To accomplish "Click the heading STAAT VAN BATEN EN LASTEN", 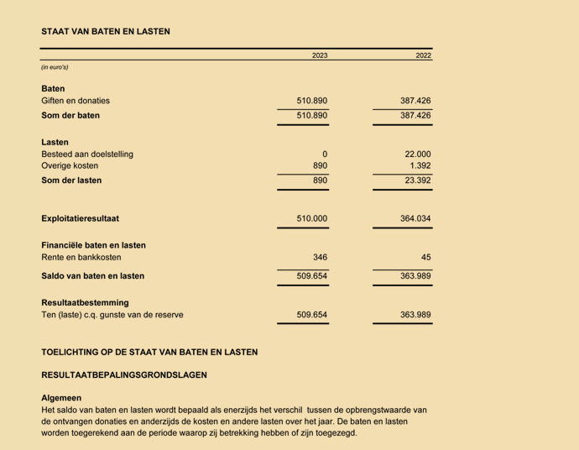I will click(106, 32).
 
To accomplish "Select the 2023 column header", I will click(320, 55).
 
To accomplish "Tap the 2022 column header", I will click(423, 55).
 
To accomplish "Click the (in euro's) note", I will click(55, 67).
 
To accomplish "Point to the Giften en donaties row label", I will click(76, 101).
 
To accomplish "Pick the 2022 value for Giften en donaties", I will click(415, 101).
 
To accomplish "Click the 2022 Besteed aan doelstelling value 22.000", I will click(417, 154).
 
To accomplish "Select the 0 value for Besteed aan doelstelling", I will click(324, 154).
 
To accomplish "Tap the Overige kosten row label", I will click(70, 166).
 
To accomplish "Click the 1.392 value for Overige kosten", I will click(420, 166).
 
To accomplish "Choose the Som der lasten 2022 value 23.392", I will click(417, 181).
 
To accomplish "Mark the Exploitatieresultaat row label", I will click(80, 218).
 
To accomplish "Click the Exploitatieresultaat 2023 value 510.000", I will click(312, 218).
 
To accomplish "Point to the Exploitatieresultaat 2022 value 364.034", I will click(415, 218).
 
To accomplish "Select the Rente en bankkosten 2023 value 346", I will click(320, 257).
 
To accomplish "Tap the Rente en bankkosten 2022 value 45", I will click(425, 257).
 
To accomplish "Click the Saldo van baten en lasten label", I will click(92, 275).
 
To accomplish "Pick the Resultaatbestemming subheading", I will click(85, 302).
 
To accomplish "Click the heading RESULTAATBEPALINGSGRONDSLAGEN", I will click(123, 375).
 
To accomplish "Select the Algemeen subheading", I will click(61, 398).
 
